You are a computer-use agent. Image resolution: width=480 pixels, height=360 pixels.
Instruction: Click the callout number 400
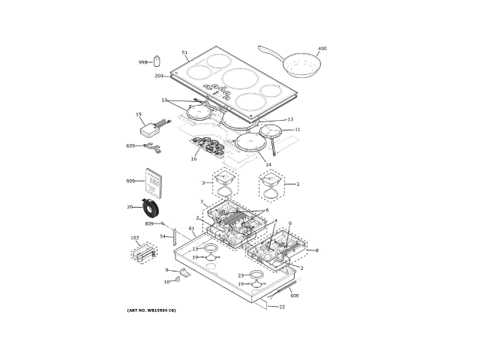322,49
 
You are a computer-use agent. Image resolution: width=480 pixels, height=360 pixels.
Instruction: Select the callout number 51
184,52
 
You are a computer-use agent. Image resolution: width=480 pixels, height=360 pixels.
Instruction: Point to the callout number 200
159,76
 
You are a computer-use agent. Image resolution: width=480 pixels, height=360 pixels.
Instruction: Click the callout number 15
139,115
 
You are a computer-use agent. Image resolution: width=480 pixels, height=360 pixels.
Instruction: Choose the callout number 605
130,145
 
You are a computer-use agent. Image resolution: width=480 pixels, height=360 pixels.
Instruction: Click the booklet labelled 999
155,182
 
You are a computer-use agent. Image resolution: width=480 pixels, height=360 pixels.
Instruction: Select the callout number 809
148,224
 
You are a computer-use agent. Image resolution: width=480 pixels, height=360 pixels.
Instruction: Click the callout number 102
135,238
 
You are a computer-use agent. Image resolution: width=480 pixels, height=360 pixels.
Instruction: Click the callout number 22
282,306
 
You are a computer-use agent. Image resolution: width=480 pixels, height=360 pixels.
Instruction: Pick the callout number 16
193,159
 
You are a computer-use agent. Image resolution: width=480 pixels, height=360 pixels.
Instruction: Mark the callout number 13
290,119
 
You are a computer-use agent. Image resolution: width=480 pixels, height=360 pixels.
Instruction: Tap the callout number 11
297,130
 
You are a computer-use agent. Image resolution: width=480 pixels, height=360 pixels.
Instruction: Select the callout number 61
191,228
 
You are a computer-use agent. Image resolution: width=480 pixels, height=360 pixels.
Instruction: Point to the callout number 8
316,250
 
